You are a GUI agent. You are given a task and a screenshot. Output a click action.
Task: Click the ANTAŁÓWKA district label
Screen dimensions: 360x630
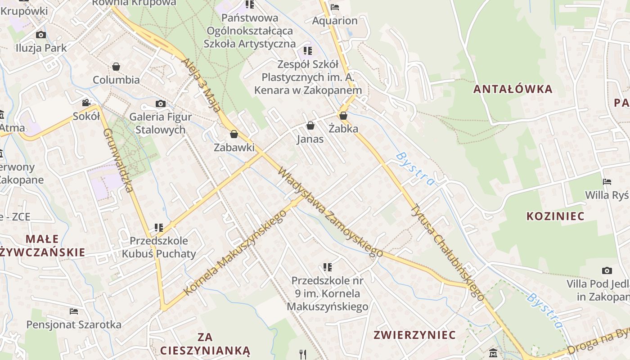point(513,89)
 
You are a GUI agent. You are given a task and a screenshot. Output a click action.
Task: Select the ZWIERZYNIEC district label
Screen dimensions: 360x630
point(414,335)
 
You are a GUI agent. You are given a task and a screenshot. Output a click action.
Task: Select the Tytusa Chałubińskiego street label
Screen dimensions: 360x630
point(448,252)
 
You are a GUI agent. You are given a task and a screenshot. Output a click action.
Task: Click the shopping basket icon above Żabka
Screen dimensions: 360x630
point(343,116)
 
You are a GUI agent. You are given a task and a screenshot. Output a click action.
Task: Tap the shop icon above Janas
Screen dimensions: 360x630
point(310,126)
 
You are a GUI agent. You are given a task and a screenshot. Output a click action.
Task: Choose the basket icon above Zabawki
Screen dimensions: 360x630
point(234,134)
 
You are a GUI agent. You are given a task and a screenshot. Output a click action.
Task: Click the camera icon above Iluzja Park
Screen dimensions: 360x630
point(41,35)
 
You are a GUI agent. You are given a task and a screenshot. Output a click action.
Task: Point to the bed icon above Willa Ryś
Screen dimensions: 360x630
point(607,182)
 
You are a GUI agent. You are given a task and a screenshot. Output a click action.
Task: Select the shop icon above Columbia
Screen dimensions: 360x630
point(116,67)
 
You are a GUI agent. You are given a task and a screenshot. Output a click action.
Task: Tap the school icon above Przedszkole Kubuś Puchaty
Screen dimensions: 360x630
point(158,228)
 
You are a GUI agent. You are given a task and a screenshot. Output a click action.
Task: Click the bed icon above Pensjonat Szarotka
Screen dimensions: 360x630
point(74,311)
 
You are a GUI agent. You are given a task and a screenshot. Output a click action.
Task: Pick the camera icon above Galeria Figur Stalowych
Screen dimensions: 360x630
point(160,104)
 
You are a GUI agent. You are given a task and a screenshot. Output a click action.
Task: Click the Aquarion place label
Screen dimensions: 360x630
point(335,21)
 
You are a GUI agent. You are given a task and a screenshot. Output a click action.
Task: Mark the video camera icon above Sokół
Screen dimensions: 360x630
point(86,103)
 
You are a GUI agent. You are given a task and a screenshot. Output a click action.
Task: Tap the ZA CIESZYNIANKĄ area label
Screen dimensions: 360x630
point(205,343)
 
